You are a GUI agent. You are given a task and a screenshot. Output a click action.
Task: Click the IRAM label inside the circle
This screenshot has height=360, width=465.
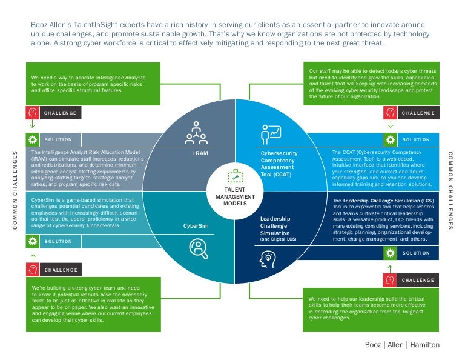(x=200, y=153)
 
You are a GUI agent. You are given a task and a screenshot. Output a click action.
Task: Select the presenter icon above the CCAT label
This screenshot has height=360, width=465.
(x=271, y=133)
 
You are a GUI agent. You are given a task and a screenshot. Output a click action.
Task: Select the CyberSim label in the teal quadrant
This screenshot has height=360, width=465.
(x=196, y=225)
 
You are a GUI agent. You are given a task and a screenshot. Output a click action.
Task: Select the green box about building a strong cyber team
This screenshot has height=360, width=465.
(x=93, y=304)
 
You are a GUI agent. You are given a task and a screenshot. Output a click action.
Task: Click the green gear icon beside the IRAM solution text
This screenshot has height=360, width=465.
(x=33, y=139)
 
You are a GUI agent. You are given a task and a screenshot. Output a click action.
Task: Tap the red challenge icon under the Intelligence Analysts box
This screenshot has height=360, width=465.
(x=33, y=113)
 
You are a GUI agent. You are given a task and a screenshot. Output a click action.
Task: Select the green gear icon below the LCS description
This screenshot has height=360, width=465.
(x=391, y=253)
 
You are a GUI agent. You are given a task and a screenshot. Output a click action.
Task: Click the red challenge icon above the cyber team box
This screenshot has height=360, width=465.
(x=33, y=270)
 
